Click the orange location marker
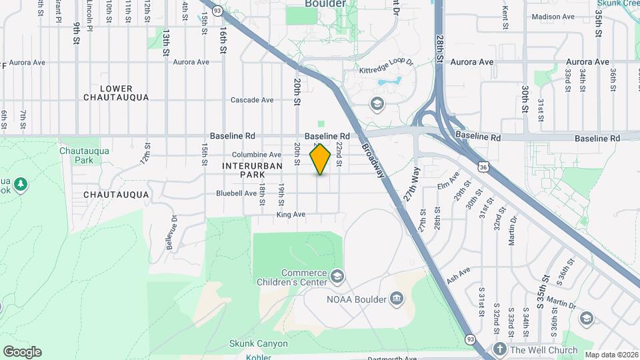(x=321, y=159)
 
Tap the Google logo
(x=22, y=352)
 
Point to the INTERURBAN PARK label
(x=253, y=169)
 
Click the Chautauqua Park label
(x=75, y=155)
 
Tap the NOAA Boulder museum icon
(x=398, y=298)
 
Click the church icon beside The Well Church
(x=500, y=349)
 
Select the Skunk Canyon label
(x=259, y=344)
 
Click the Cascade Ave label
(x=252, y=100)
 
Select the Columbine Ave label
(x=257, y=155)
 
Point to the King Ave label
(x=291, y=215)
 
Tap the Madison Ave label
(x=553, y=17)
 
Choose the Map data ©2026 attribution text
(x=611, y=355)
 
